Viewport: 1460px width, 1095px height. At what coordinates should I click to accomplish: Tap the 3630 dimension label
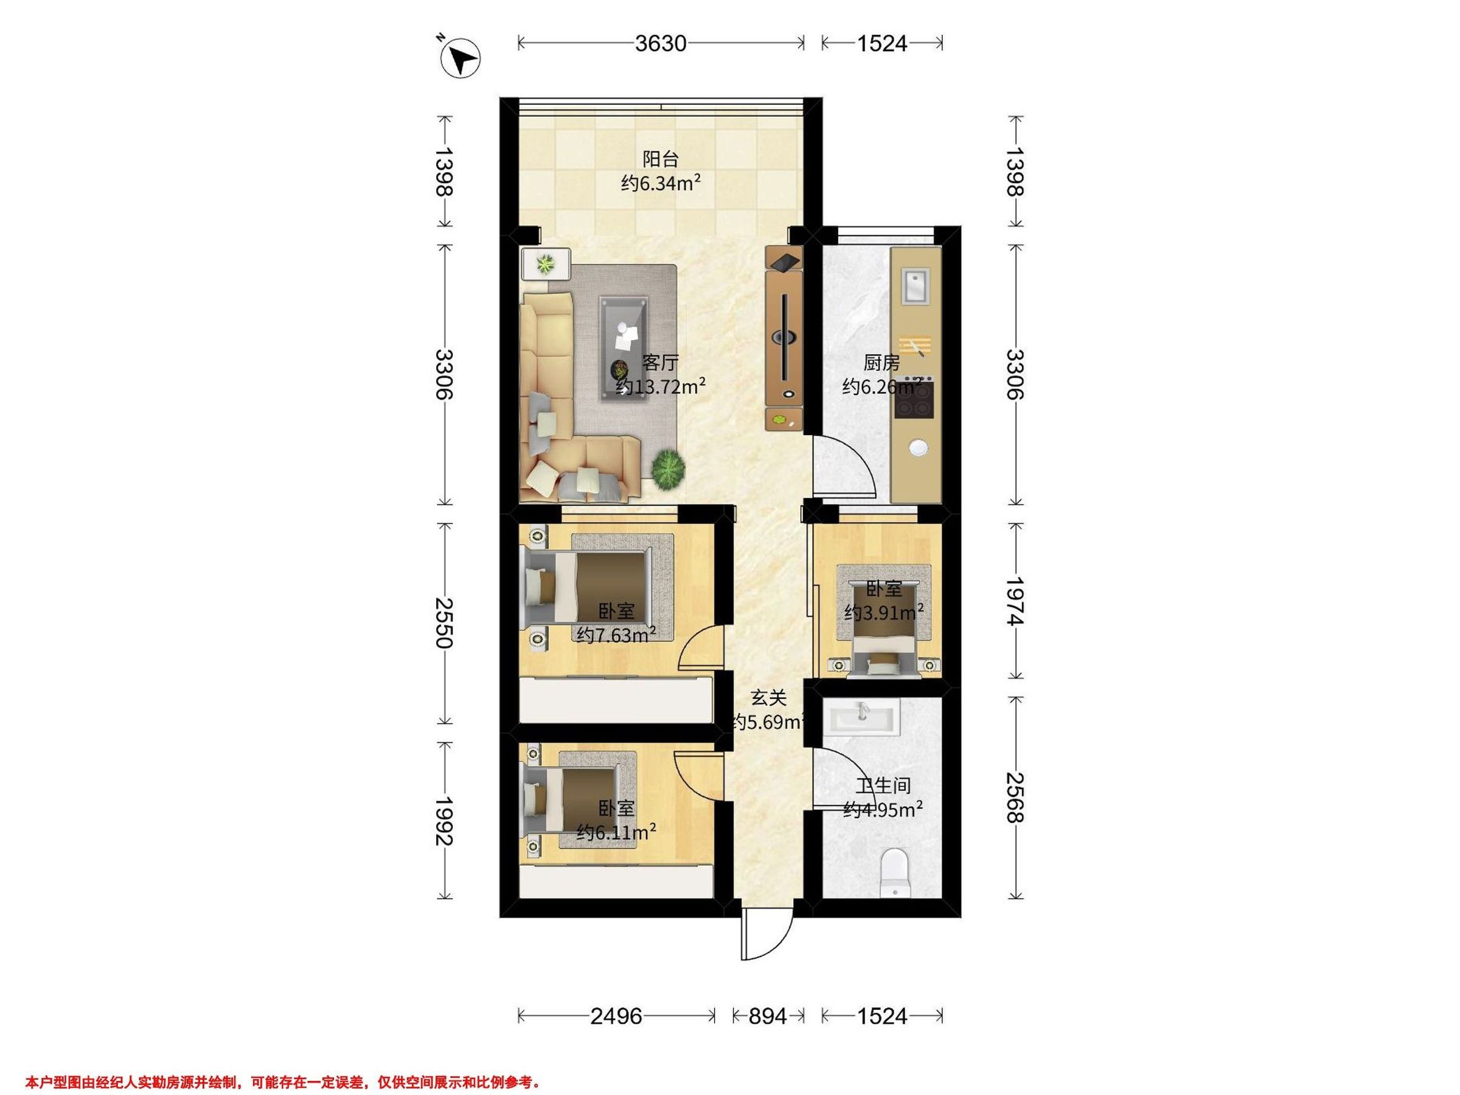(661, 44)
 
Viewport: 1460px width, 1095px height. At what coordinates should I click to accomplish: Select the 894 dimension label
(768, 1017)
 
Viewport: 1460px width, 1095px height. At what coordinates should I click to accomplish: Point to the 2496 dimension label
(616, 1017)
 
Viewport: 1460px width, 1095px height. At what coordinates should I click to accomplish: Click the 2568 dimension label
(1015, 798)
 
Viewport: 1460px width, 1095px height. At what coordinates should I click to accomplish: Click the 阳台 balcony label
(661, 159)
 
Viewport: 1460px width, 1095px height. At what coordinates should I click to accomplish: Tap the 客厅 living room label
(661, 363)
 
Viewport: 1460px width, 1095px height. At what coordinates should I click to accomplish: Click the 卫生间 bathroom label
(883, 785)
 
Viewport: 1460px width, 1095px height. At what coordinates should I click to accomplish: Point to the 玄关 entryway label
(769, 697)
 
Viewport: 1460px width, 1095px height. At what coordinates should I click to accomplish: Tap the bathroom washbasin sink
(861, 717)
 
